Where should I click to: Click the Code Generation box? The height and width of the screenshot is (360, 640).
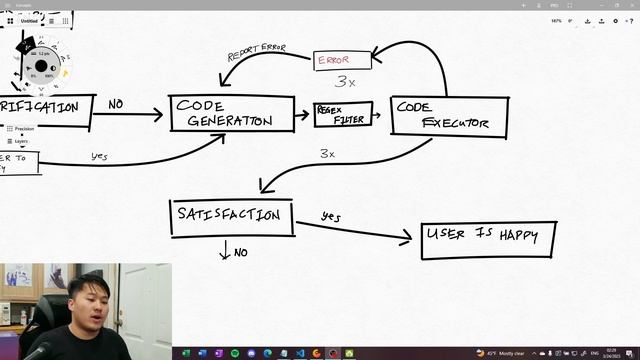click(x=232, y=113)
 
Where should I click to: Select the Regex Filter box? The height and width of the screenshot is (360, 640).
click(x=342, y=114)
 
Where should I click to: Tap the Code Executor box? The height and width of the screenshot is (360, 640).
click(x=448, y=116)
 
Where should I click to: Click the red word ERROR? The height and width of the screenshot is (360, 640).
click(x=334, y=60)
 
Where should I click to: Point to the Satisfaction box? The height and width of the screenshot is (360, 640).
click(x=231, y=217)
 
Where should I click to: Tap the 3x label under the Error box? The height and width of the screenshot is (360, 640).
click(x=345, y=82)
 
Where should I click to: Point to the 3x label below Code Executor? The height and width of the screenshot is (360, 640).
click(x=327, y=153)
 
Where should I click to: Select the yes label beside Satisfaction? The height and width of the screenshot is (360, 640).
click(x=331, y=216)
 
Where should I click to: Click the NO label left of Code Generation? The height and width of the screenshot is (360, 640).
click(x=116, y=103)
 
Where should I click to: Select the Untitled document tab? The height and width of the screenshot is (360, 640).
click(x=30, y=21)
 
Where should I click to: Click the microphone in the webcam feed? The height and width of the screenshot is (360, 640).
click(x=38, y=351)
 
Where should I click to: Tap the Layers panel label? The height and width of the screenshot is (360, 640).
click(x=21, y=142)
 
